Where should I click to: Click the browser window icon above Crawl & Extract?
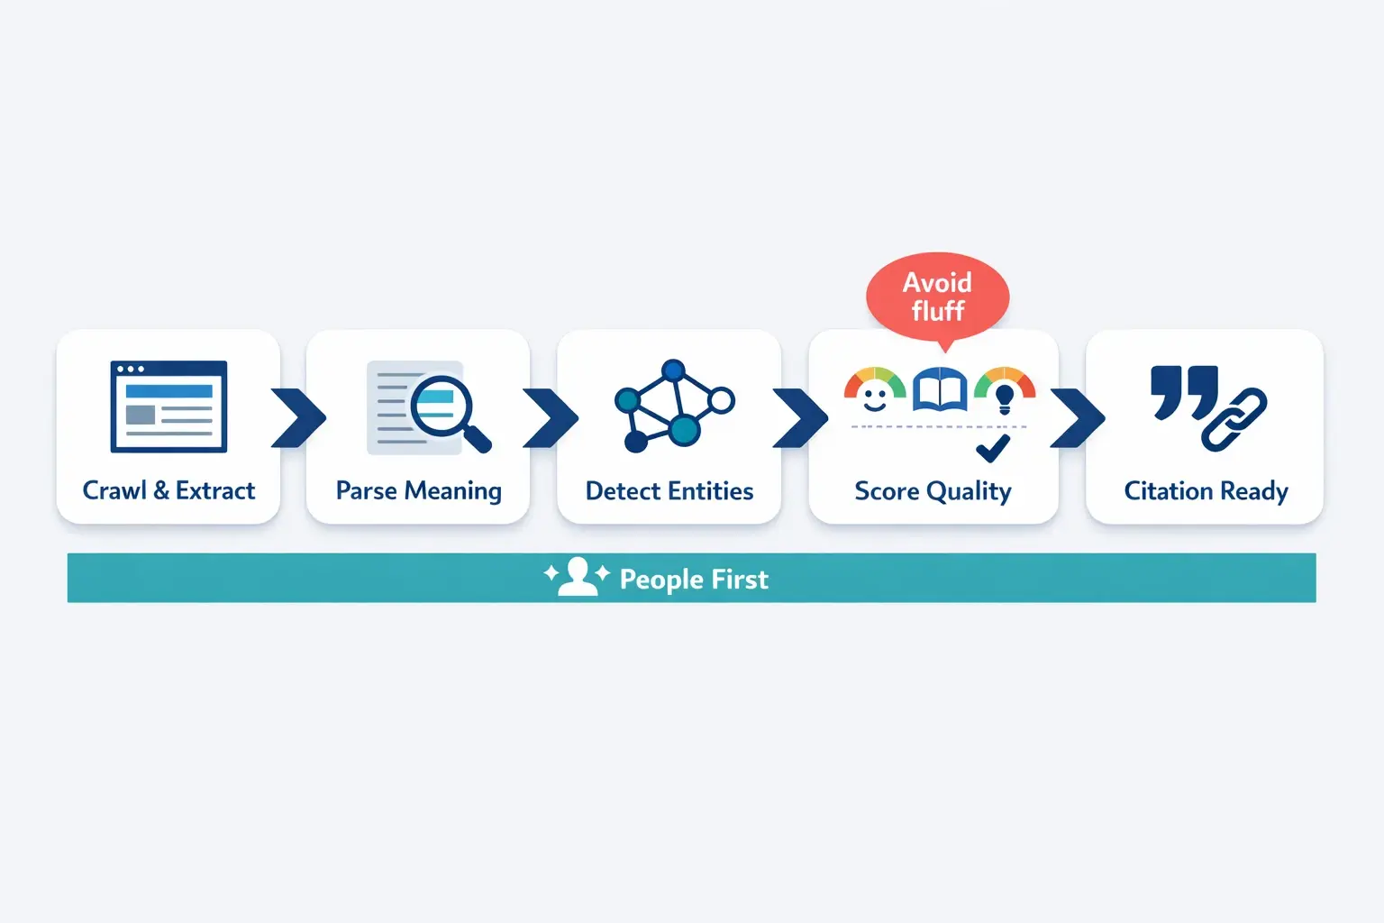168,407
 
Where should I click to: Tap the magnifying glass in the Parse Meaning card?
445,410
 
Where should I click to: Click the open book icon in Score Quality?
939,390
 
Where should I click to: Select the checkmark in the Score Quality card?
993,448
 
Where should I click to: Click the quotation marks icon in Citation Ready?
1184,391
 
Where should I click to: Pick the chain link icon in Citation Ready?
1234,419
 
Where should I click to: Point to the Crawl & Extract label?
168,490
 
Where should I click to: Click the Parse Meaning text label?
418,491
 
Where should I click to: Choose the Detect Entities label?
669,491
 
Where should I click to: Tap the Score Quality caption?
933,491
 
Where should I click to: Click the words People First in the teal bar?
694,579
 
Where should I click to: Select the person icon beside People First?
577,577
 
